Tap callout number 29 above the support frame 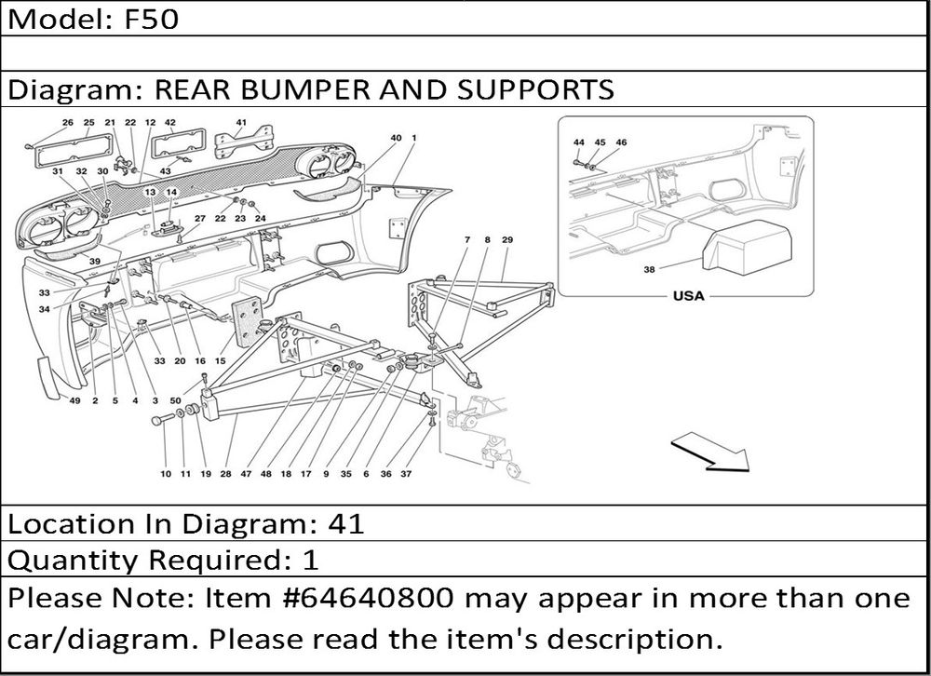[507, 240]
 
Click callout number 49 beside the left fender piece [75, 401]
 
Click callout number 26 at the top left [67, 123]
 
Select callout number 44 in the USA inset [579, 142]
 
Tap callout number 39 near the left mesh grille [95, 262]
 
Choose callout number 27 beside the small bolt [199, 219]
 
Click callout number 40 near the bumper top [396, 138]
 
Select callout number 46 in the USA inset [621, 142]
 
